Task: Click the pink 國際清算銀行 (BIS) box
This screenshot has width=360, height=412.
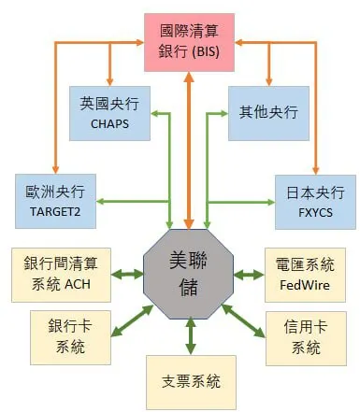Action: point(190,42)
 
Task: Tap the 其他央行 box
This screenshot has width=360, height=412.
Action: point(269,113)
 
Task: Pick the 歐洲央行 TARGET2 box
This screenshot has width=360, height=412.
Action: point(56,200)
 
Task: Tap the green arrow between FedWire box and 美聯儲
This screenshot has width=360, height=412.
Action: point(248,274)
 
